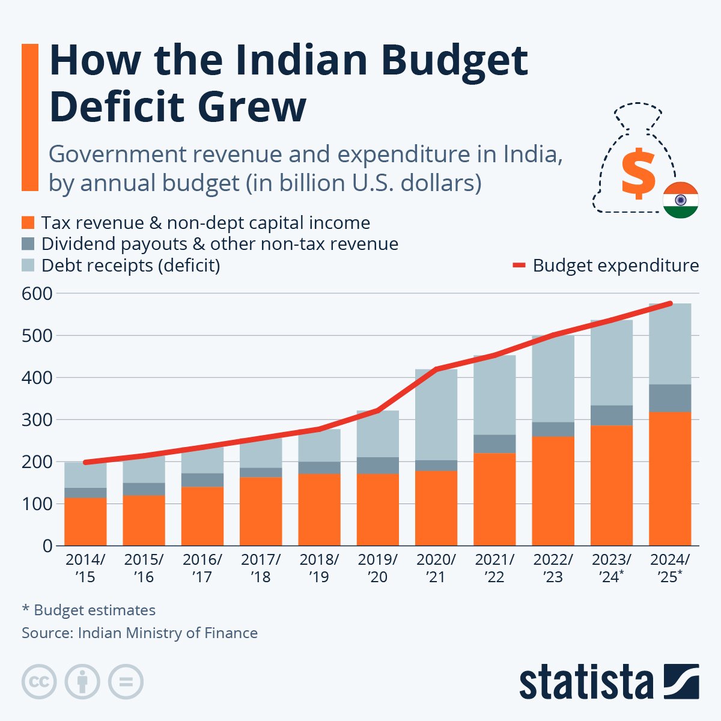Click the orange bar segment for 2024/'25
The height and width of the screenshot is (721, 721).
click(670, 478)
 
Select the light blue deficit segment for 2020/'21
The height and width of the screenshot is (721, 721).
click(436, 415)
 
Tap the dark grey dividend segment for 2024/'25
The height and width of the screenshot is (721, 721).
click(670, 398)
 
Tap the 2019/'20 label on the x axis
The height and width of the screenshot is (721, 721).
click(377, 568)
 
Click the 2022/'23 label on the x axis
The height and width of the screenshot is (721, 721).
click(553, 568)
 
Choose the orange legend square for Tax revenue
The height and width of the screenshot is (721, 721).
click(28, 223)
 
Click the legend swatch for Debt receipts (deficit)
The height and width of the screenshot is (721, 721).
click(28, 265)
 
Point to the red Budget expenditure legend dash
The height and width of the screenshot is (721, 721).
click(519, 265)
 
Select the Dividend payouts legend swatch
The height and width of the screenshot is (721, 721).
click(28, 244)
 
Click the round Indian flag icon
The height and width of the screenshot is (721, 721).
click(680, 200)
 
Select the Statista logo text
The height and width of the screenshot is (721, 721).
click(586, 682)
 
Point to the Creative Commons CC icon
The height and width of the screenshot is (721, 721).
click(39, 682)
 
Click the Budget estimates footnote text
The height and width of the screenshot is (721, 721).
click(89, 610)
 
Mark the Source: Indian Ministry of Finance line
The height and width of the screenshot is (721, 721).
click(139, 633)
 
